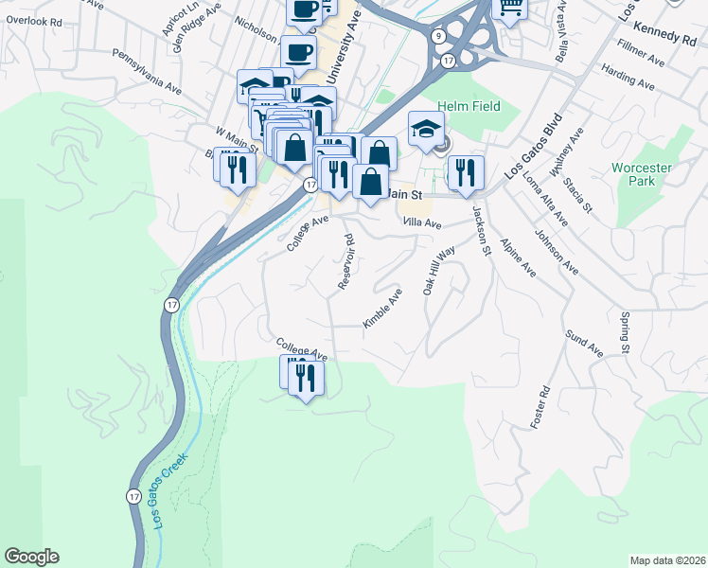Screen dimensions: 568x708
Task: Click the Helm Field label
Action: [x=469, y=108]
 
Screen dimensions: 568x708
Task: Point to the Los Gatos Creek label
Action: [x=169, y=489]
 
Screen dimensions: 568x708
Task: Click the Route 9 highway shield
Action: [x=437, y=36]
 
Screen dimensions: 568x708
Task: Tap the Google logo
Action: [x=31, y=557]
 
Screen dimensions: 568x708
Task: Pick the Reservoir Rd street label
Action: [x=345, y=261]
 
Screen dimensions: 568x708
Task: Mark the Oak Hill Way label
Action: [x=439, y=273]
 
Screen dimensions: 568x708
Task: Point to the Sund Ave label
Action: [x=583, y=342]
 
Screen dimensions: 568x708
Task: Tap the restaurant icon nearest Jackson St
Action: [x=464, y=172]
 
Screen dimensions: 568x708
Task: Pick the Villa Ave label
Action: [x=422, y=223]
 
